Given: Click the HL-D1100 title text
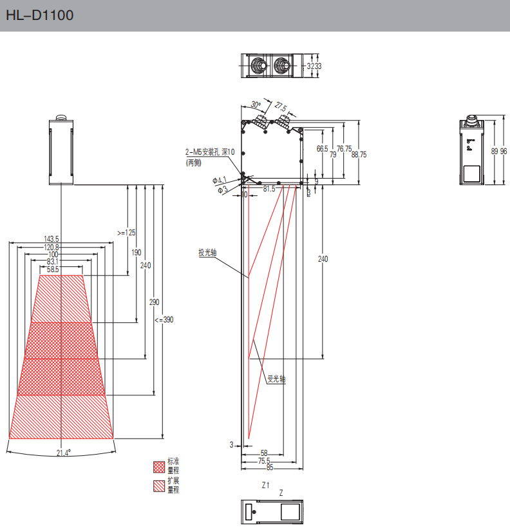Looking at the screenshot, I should tap(39, 16).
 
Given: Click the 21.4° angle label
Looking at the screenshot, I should tap(63, 453).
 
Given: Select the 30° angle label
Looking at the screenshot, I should tap(256, 104).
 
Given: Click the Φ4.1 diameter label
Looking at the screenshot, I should tap(220, 181).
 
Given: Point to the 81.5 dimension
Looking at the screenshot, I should tap(269, 189).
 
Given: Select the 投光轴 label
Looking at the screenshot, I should tap(207, 253).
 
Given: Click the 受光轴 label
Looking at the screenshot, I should tap(276, 379).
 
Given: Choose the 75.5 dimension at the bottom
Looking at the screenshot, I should tap(264, 460).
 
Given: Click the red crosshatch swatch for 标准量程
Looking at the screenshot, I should tap(158, 466).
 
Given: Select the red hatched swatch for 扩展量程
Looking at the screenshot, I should tap(158, 486).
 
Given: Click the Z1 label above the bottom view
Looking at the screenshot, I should tap(265, 485).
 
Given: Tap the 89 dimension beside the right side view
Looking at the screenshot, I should tap(494, 151).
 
